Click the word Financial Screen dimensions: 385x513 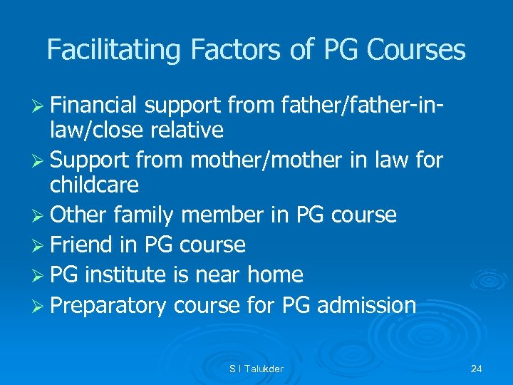pos(94,106)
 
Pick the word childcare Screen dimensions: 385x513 pos(94,185)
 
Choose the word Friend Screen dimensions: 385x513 pos(81,245)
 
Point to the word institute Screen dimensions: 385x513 pos(132,274)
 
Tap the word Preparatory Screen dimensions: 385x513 pos(108,305)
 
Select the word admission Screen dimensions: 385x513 pos(366,305)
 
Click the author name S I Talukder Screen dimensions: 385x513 pos(256,369)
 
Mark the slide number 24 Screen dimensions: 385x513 pos(477,369)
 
